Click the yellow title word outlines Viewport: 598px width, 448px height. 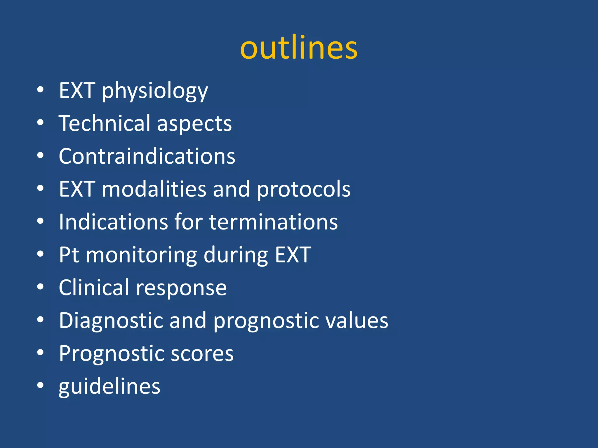pyautogui.click(x=299, y=48)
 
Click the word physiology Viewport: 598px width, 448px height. pyautogui.click(x=155, y=91)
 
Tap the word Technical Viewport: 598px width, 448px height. pyautogui.click(x=105, y=123)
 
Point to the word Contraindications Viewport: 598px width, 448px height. pyautogui.click(x=147, y=156)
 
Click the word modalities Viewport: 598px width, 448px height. pyautogui.click(x=154, y=189)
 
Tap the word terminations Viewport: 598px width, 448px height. pyautogui.click(x=273, y=222)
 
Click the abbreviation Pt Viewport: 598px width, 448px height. pyautogui.click(x=69, y=255)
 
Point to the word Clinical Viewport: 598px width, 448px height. pyautogui.click(x=94, y=288)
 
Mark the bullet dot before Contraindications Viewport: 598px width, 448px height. pyautogui.click(x=40, y=155)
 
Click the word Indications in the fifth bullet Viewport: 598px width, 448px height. pyautogui.click(x=113, y=222)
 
